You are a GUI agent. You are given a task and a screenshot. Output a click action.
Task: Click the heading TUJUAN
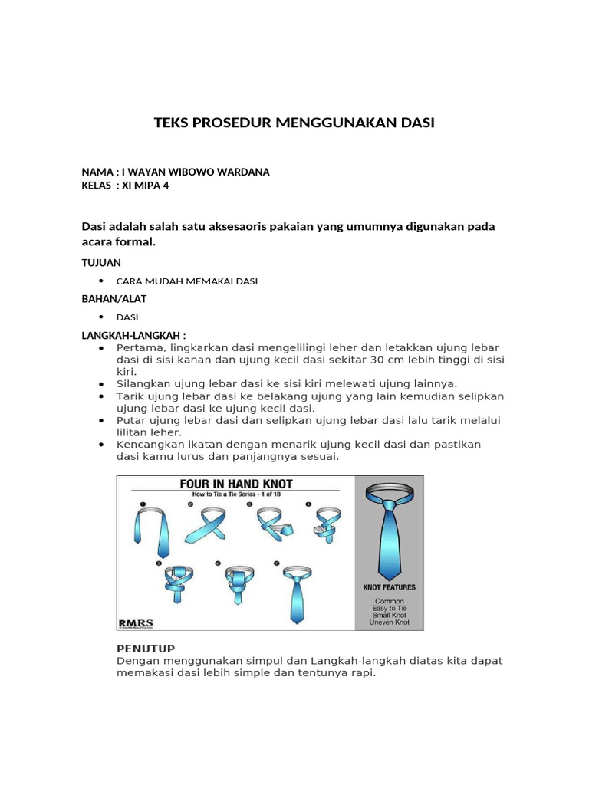[101, 262]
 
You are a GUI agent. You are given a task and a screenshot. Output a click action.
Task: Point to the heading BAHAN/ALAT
[114, 299]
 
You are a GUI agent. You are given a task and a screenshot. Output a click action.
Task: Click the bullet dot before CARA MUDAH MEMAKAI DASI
[101, 281]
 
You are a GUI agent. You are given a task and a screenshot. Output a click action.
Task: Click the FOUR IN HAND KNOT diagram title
[236, 484]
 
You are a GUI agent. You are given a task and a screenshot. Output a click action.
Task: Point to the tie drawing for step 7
[297, 594]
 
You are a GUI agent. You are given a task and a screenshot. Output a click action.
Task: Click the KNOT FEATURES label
[389, 587]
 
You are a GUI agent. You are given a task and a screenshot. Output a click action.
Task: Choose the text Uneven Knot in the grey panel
[390, 622]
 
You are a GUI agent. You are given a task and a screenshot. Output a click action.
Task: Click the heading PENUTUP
[146, 648]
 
